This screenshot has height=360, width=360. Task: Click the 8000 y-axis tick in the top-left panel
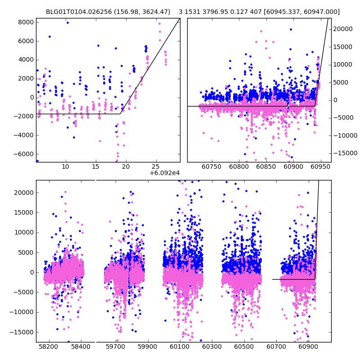26,22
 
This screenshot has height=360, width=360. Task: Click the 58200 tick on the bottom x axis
48,347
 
